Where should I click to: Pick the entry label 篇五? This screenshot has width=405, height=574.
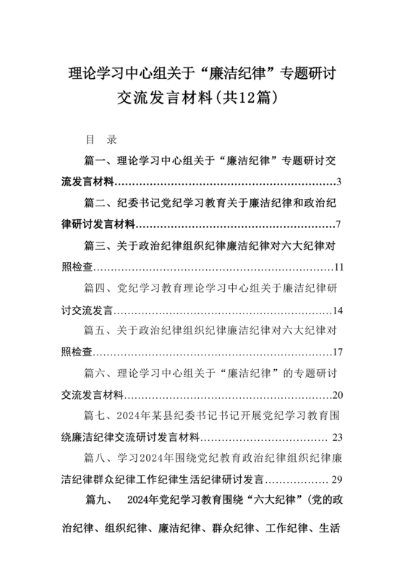96,332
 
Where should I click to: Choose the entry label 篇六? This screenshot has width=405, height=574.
96,374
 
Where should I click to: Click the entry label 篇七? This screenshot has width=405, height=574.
96,417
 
